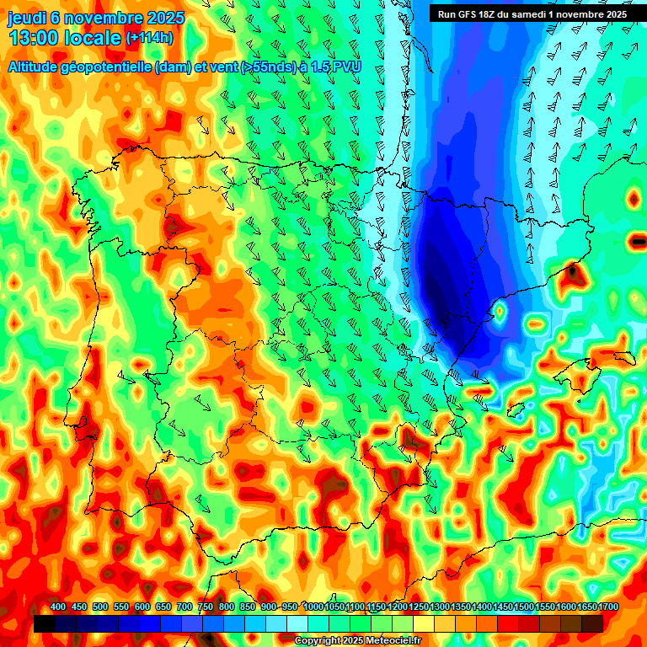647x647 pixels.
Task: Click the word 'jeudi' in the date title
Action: pyautogui.click(x=27, y=18)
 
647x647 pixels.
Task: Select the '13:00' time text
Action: pyautogui.click(x=35, y=38)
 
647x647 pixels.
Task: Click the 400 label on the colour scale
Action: pyautogui.click(x=58, y=607)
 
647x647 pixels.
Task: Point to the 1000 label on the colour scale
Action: pyautogui.click(x=313, y=607)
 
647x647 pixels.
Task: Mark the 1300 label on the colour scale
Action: pyautogui.click(x=440, y=607)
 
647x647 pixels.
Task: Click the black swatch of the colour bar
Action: pyautogui.click(x=45, y=623)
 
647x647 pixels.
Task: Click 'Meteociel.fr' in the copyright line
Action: pyautogui.click(x=389, y=641)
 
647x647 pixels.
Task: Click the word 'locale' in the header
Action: pyautogui.click(x=93, y=38)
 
